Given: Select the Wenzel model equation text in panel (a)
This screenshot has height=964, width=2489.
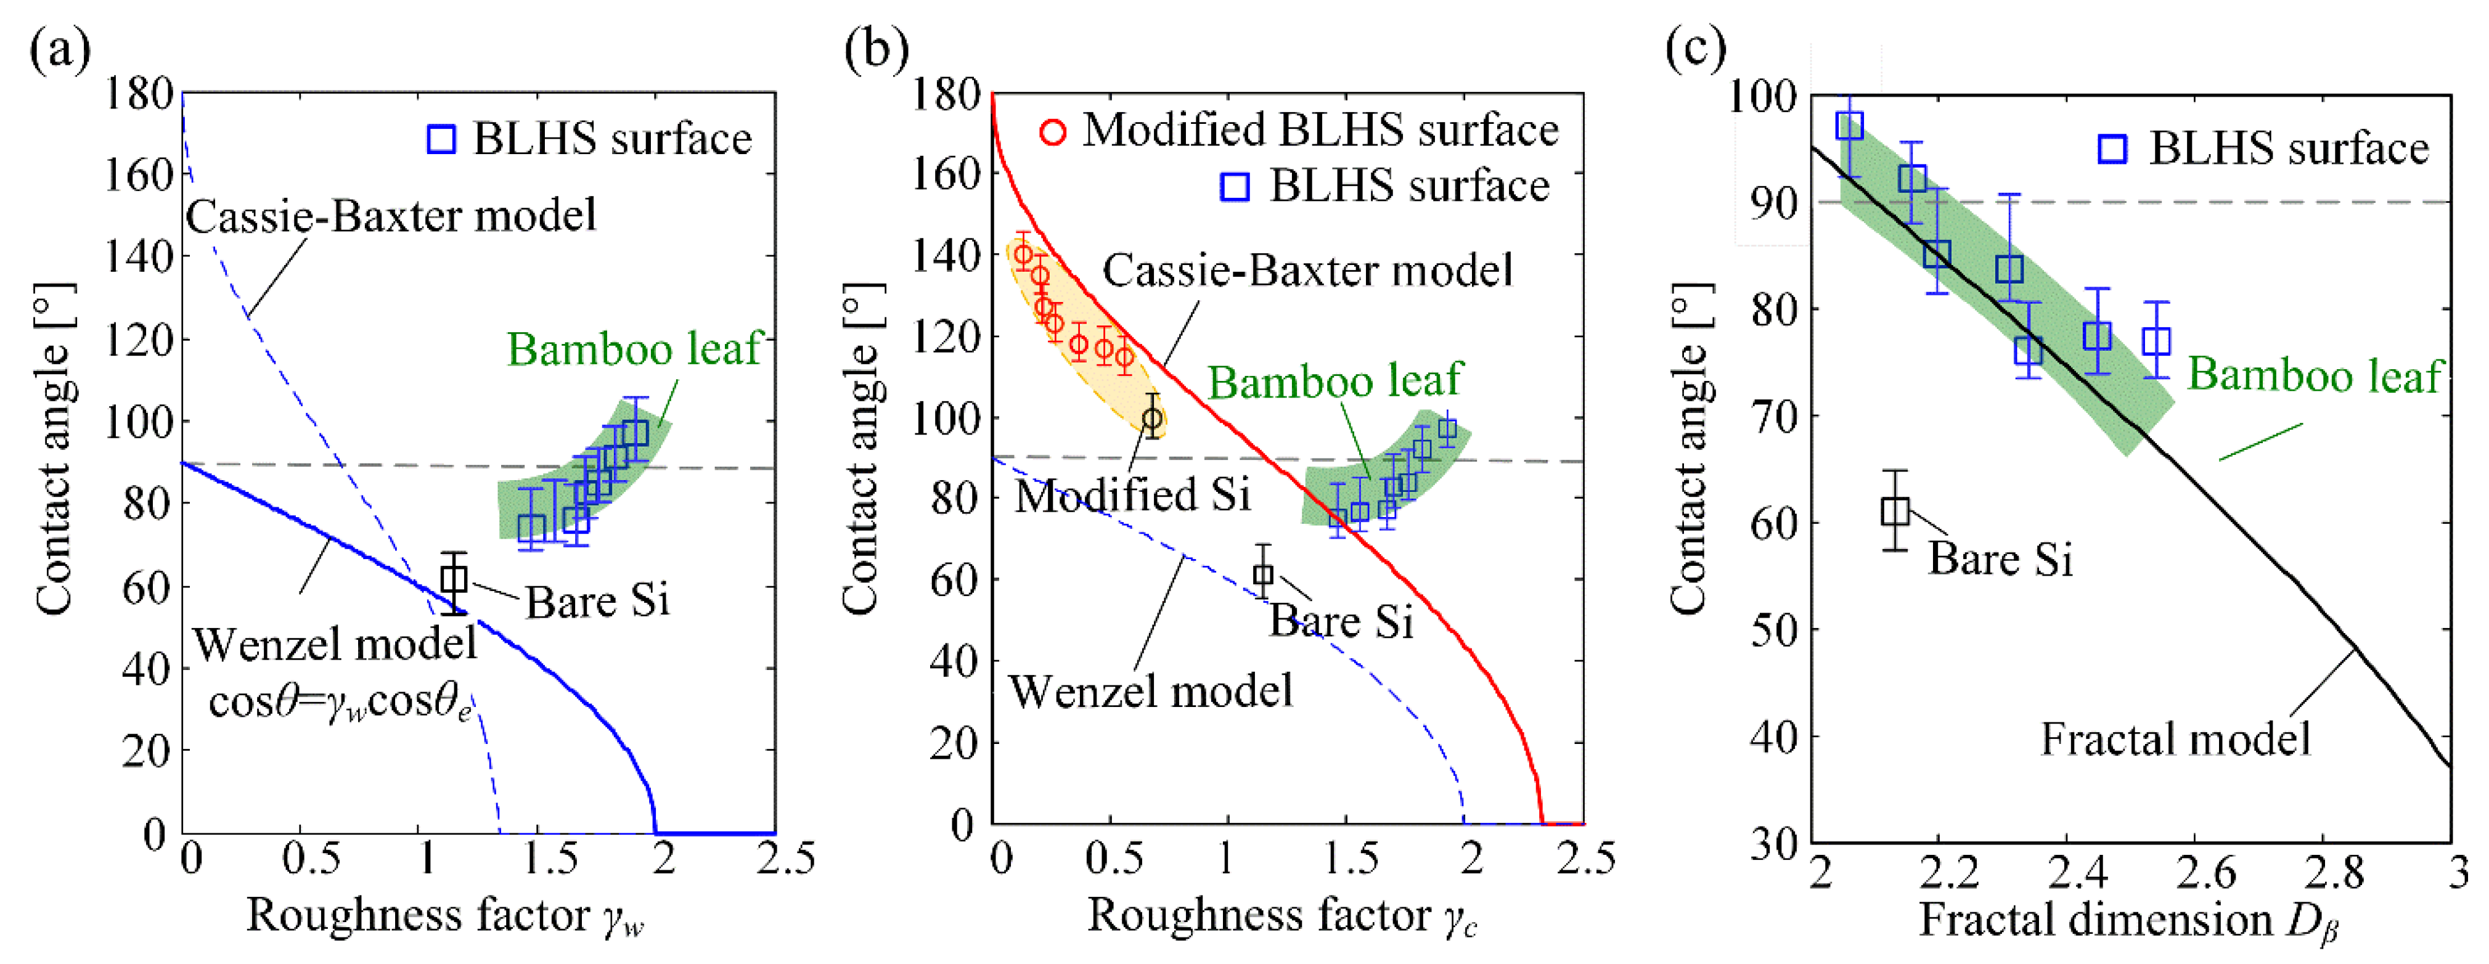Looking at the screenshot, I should pos(340,702).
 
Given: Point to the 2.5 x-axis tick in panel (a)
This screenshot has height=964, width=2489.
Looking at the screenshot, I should pos(785,858).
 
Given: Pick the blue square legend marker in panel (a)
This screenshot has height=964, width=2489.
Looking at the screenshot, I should pos(441,139).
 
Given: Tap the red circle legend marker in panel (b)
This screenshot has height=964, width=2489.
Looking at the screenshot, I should pos(1053,131).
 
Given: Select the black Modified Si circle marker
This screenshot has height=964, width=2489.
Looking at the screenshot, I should pos(1152,419).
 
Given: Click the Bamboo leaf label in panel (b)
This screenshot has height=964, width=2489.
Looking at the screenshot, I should pos(1334,382).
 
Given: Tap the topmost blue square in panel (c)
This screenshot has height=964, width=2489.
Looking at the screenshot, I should pos(1849,126).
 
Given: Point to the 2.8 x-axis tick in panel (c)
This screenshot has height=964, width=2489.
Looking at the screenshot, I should pos(2334,873).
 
